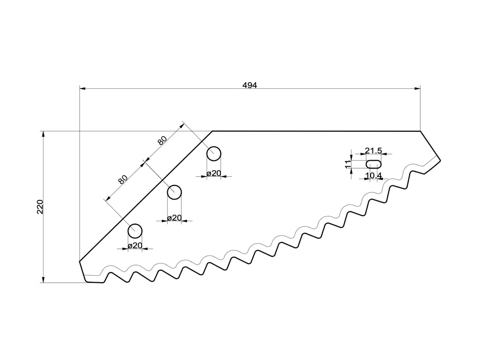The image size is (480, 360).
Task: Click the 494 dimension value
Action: tap(250, 85)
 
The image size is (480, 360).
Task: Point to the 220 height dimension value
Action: tap(40, 207)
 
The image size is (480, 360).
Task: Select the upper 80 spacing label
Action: tap(162, 140)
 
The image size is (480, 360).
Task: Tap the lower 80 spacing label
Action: tap(123, 179)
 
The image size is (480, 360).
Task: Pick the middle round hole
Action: tap(174, 192)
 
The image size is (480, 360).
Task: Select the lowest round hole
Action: tap(135, 231)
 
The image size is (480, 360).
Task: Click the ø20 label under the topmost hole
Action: tap(214, 173)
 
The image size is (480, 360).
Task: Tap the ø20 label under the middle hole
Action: tap(174, 218)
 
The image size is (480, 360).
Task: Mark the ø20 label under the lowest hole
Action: tap(135, 245)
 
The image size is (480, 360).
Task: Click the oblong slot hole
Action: tap(373, 163)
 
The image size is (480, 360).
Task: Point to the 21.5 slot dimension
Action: tap(373, 151)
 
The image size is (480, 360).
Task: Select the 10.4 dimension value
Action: tap(373, 175)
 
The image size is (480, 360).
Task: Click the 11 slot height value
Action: tap(348, 164)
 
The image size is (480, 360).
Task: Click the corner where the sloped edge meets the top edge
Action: tap(212, 131)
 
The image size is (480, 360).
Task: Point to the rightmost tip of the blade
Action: tap(440, 161)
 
